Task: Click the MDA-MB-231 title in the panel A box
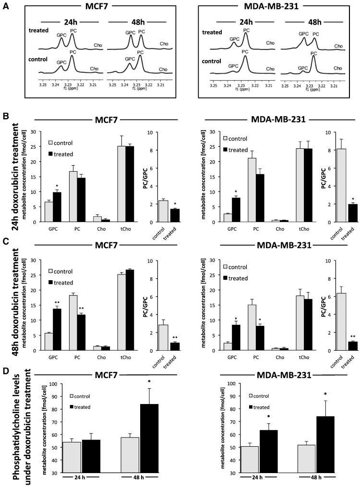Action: pyautogui.click(x=280, y=9)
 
